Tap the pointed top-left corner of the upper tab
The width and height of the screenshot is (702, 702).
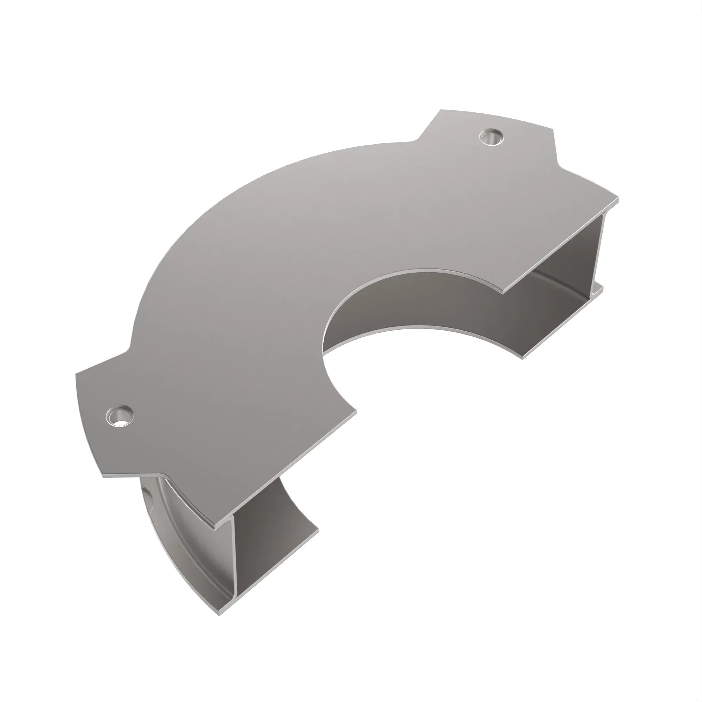pyautogui.click(x=441, y=110)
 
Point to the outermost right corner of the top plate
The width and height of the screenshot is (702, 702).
pyautogui.click(x=618, y=199)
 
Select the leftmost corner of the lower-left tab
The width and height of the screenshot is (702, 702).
pyautogui.click(x=76, y=374)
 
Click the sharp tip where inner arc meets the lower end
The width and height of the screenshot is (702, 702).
pyautogui.click(x=356, y=411)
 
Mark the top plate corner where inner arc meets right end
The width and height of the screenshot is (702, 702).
pyautogui.click(x=507, y=291)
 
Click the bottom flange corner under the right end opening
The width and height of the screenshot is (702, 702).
pyautogui.click(x=523, y=358)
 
